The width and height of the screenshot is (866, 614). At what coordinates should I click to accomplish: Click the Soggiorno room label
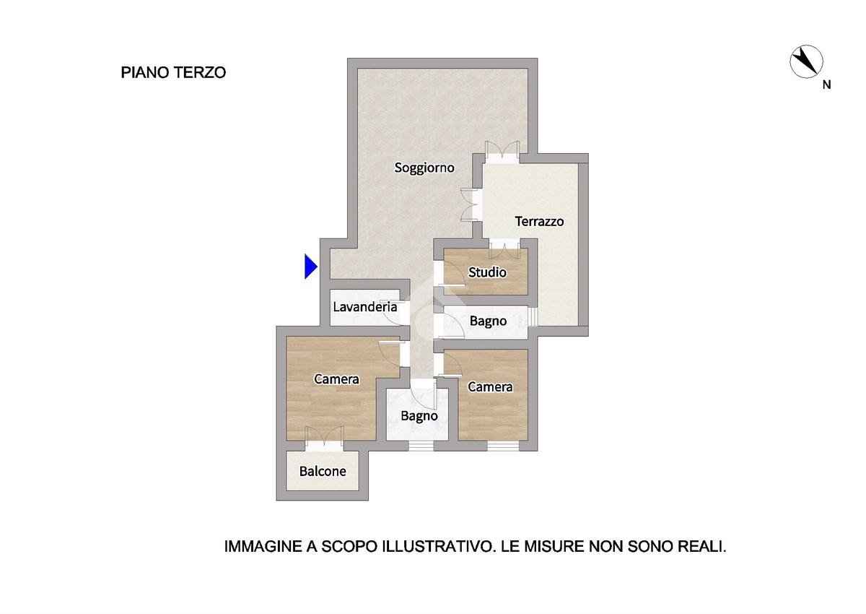424,168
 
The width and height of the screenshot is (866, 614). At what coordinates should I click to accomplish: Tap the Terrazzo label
539,221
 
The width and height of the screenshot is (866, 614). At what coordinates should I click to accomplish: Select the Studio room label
487,272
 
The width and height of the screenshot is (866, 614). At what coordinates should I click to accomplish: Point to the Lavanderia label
365,307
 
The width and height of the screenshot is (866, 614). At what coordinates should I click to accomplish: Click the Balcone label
323,471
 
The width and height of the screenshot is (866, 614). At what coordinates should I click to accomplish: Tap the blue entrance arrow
311,266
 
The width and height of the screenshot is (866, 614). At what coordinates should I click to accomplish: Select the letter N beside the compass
826,85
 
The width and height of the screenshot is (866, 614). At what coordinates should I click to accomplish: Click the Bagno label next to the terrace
488,321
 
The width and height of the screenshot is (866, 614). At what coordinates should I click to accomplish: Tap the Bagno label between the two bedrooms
419,416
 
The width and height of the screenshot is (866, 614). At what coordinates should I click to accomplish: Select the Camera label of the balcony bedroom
336,379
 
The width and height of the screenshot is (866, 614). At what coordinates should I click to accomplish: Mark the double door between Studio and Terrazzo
504,248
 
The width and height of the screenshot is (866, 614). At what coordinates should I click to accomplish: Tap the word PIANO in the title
145,73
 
